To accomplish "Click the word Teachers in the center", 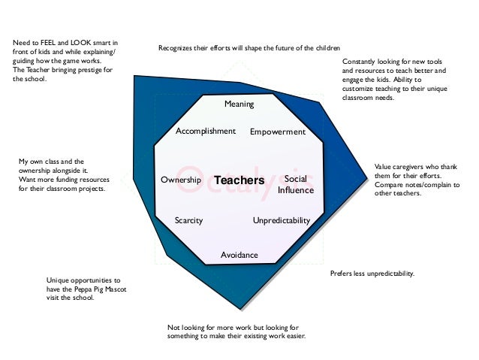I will [239, 181].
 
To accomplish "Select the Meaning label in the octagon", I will [239, 103].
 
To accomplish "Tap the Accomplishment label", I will [206, 131].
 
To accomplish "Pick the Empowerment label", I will [278, 132].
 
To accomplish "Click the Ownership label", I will [181, 180].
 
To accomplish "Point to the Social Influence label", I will [295, 185].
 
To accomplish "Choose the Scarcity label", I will [188, 221].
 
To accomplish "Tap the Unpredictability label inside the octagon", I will [282, 221].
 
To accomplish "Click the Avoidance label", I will [239, 255].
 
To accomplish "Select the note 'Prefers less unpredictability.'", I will [372, 274].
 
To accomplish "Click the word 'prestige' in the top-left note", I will [89, 70].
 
